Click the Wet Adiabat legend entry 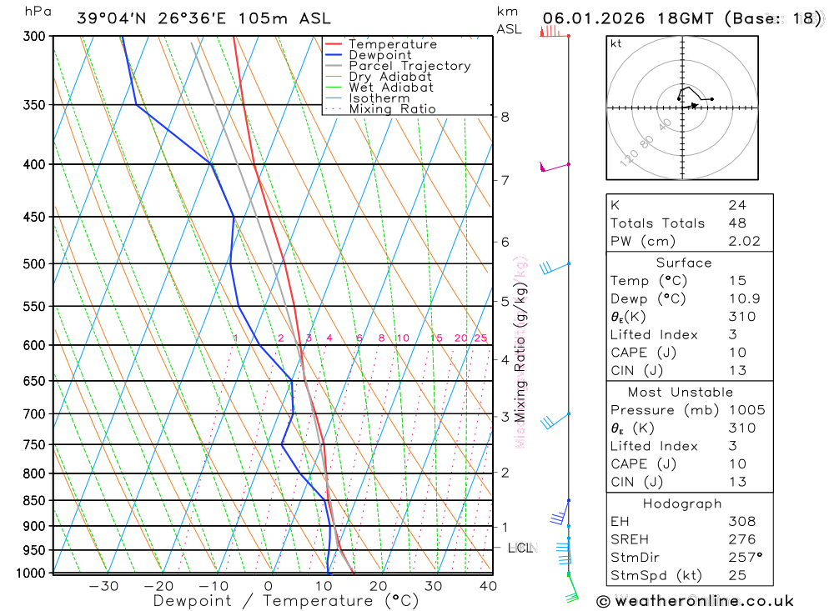(x=390, y=88)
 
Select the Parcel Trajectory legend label (x=409, y=66)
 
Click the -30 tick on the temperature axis (x=103, y=586)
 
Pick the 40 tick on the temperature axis (x=488, y=586)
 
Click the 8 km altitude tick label (x=505, y=117)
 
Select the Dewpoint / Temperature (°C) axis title (x=286, y=600)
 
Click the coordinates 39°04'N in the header (x=112, y=18)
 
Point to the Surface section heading (x=684, y=263)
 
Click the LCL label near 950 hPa (x=520, y=548)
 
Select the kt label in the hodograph (x=616, y=43)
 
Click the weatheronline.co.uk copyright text (x=695, y=601)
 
